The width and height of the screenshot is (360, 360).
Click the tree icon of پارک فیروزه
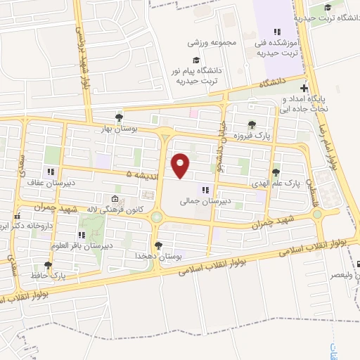tap(252, 124)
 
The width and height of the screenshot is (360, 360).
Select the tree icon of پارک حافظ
tap(48, 265)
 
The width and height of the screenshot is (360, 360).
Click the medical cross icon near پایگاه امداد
tap(304, 88)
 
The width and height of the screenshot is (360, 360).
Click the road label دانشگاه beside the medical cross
tap(276, 84)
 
